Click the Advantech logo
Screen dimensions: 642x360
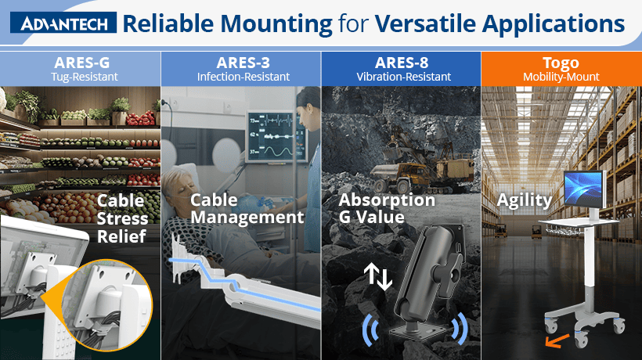pos(63,23)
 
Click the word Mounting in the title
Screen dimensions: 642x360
pos(276,24)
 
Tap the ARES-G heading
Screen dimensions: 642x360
pos(82,63)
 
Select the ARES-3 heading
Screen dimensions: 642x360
pos(243,63)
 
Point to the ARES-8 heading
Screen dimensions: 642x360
pos(402,63)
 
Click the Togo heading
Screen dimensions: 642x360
pos(561,63)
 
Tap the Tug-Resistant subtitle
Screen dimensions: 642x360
pos(85,77)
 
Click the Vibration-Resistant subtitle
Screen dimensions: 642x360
pos(404,77)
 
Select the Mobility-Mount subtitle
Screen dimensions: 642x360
pos(561,77)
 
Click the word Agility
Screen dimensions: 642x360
pos(525,200)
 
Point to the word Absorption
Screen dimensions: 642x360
pos(387,200)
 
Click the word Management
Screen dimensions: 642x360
pos(247,218)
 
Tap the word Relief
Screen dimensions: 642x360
pos(121,236)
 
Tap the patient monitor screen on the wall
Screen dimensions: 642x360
pos(276,137)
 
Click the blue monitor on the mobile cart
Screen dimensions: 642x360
pos(584,190)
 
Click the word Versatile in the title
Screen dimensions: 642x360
pos(425,23)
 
